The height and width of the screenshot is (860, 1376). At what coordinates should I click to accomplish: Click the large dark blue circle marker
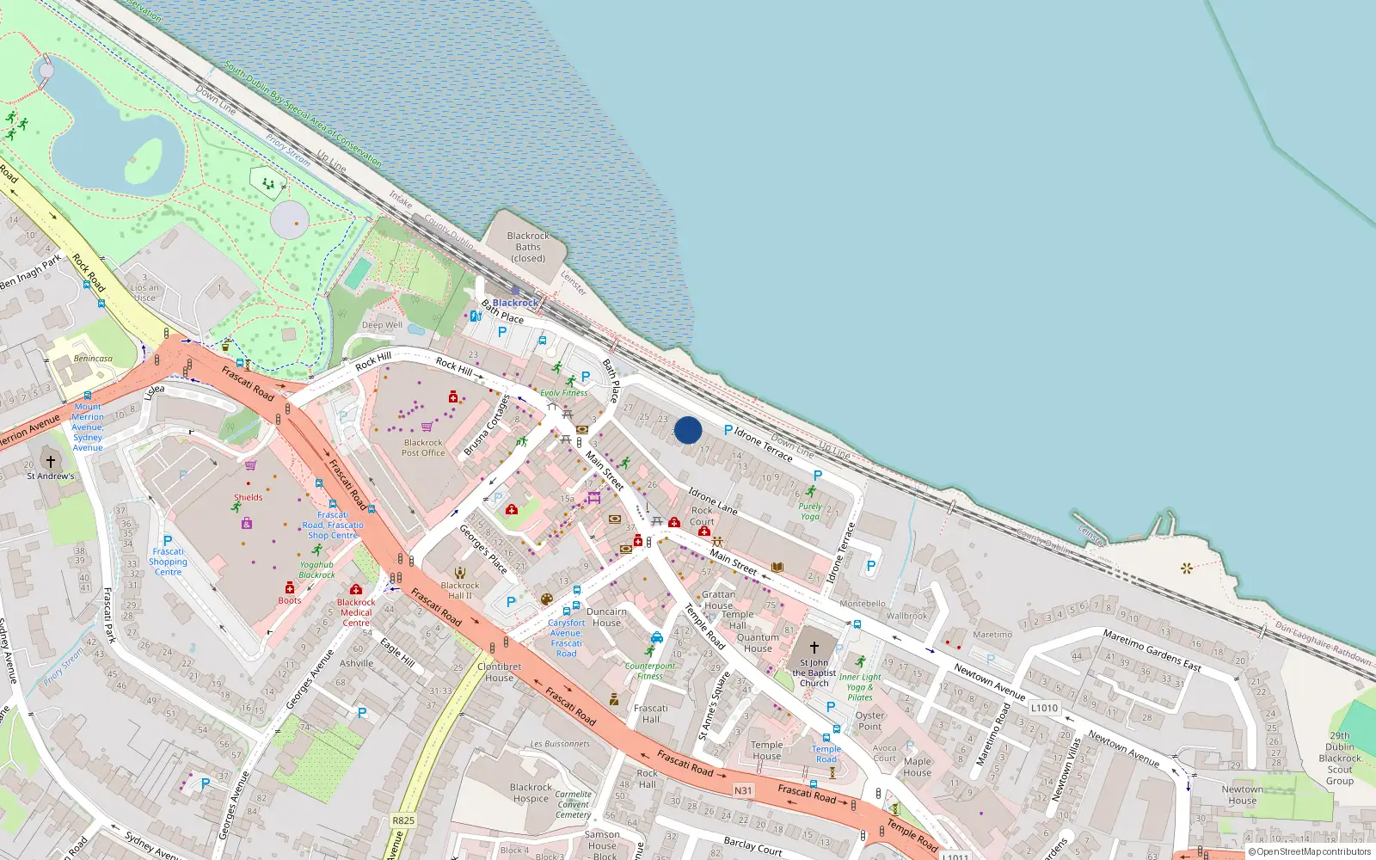pos(688,430)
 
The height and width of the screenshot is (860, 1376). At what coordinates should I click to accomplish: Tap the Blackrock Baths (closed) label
pos(528,247)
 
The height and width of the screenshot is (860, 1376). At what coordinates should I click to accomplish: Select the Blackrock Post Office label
pos(423,448)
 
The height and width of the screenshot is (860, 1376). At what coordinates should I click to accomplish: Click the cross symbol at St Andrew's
pos(51,462)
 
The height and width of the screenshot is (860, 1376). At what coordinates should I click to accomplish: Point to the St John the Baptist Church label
pos(814,673)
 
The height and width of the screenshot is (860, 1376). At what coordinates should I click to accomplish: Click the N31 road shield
pos(743,790)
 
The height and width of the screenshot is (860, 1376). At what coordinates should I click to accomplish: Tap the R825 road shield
pos(403,820)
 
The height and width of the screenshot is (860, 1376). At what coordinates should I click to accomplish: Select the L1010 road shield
pos(1044,709)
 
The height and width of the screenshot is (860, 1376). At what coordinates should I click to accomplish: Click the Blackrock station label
pos(515,303)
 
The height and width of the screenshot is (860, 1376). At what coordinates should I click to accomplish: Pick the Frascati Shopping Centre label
pos(169,562)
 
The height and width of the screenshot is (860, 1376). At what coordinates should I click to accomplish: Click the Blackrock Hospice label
pos(531,793)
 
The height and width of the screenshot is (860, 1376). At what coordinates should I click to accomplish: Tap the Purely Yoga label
pos(810,512)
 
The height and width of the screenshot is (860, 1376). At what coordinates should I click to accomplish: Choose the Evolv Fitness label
pos(564,393)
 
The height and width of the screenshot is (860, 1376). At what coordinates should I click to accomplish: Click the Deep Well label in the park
pos(382,325)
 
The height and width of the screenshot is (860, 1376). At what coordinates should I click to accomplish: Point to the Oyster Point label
pos(869,721)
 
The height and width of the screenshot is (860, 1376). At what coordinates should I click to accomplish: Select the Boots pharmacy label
pos(290,600)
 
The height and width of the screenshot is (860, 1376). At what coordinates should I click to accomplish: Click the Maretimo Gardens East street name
pos(1152,649)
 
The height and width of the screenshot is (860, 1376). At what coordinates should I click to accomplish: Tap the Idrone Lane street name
pos(713,501)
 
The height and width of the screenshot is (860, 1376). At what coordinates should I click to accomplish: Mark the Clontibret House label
pos(499,672)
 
